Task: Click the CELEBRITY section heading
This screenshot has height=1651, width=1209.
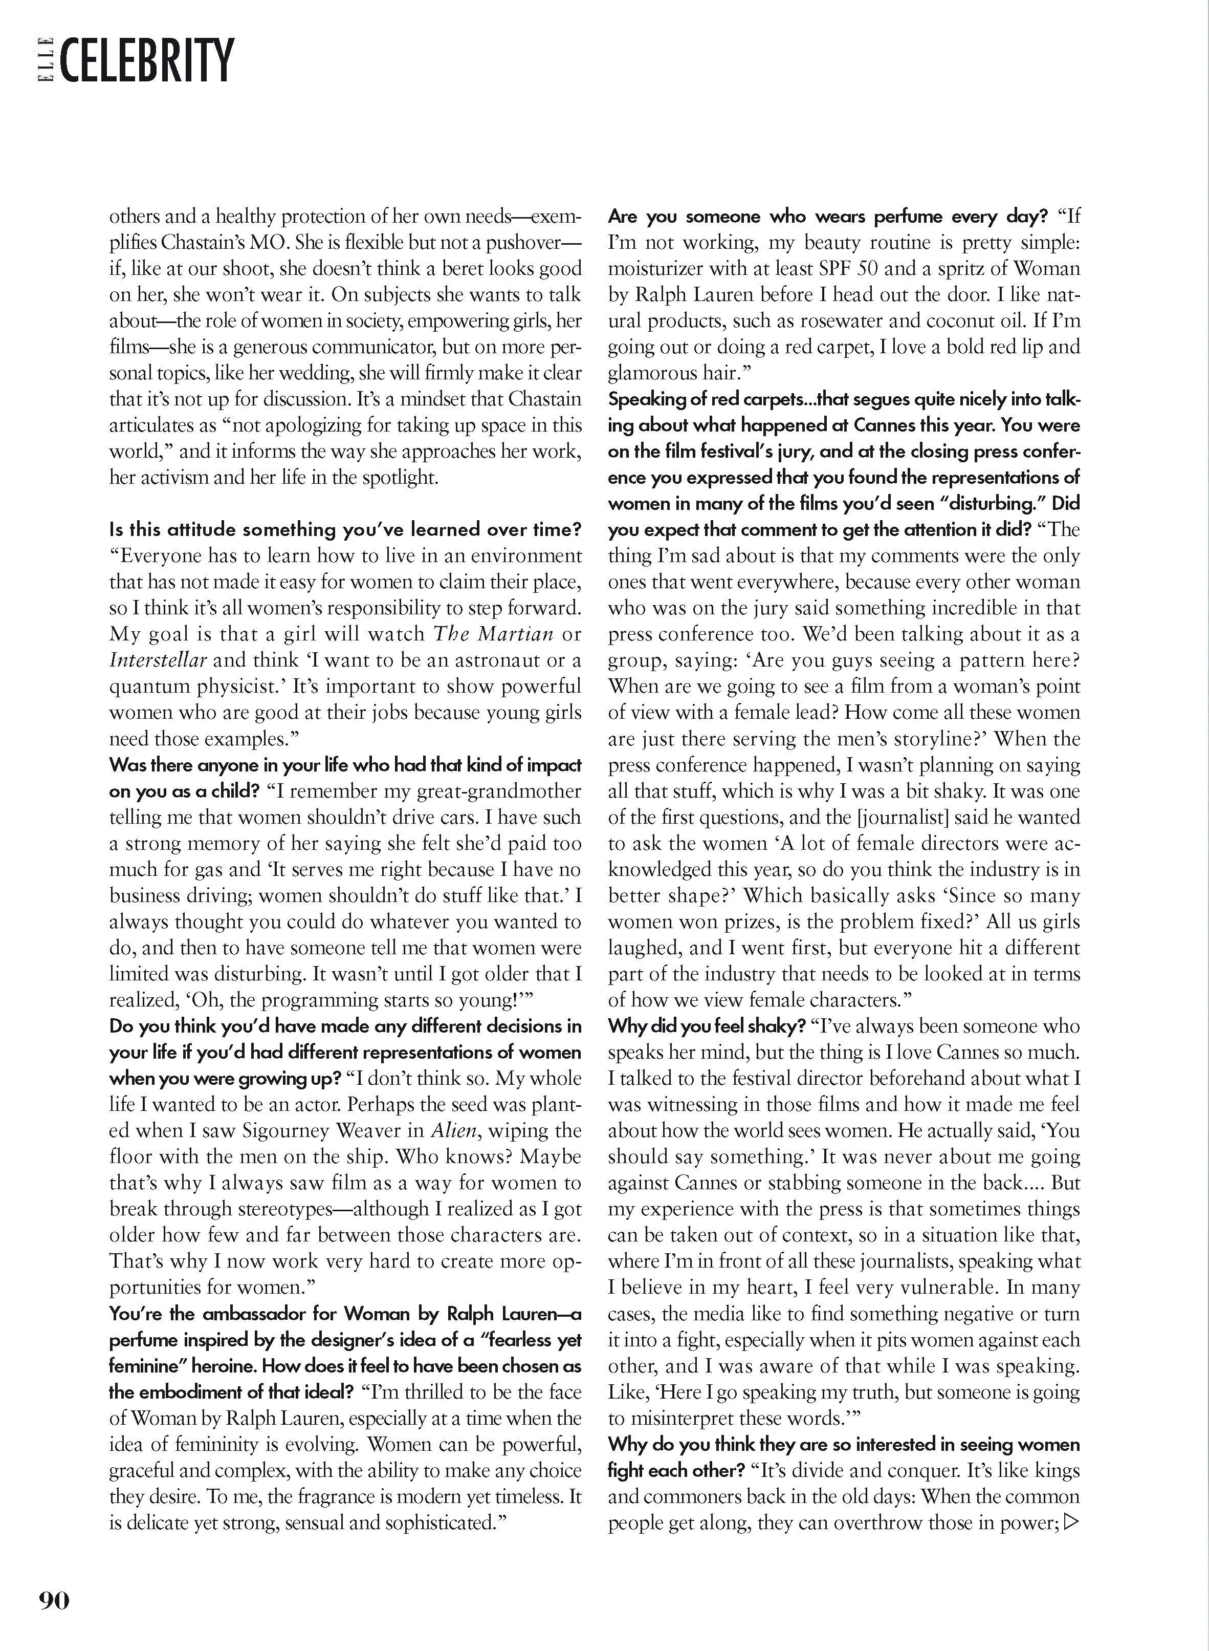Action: (148, 61)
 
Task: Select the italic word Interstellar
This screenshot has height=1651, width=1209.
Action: (158, 660)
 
